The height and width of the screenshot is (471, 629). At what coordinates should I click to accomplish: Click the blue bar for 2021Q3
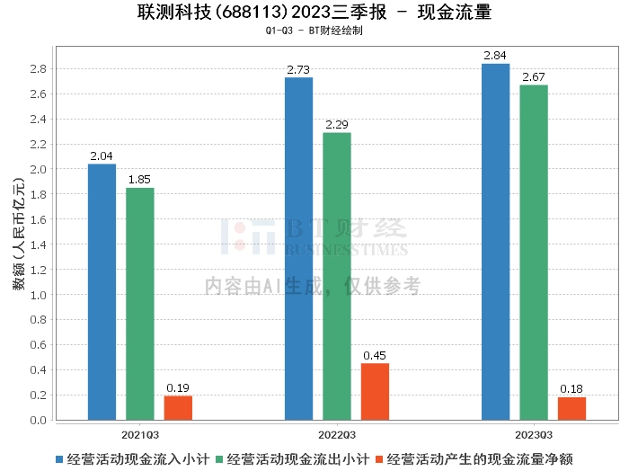(x=102, y=292)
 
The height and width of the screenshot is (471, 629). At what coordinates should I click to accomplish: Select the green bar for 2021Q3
(x=140, y=304)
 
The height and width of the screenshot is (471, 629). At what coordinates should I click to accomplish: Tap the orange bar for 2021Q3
(x=178, y=408)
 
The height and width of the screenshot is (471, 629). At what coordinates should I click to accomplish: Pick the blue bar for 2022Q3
(x=298, y=248)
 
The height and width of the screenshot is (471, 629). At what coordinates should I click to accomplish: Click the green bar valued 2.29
(x=337, y=276)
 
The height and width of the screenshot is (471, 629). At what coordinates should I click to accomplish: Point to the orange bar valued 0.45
(x=375, y=392)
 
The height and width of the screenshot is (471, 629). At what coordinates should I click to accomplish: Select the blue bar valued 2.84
(x=495, y=242)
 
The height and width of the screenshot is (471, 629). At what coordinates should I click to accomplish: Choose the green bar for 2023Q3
(x=534, y=253)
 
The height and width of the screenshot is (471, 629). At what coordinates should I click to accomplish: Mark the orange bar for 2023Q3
(x=571, y=409)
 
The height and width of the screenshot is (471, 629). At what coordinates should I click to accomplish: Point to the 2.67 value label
(x=534, y=77)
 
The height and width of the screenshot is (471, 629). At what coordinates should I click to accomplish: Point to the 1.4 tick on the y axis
(x=39, y=244)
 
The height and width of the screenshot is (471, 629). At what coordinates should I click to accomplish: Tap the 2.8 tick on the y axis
(x=39, y=68)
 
